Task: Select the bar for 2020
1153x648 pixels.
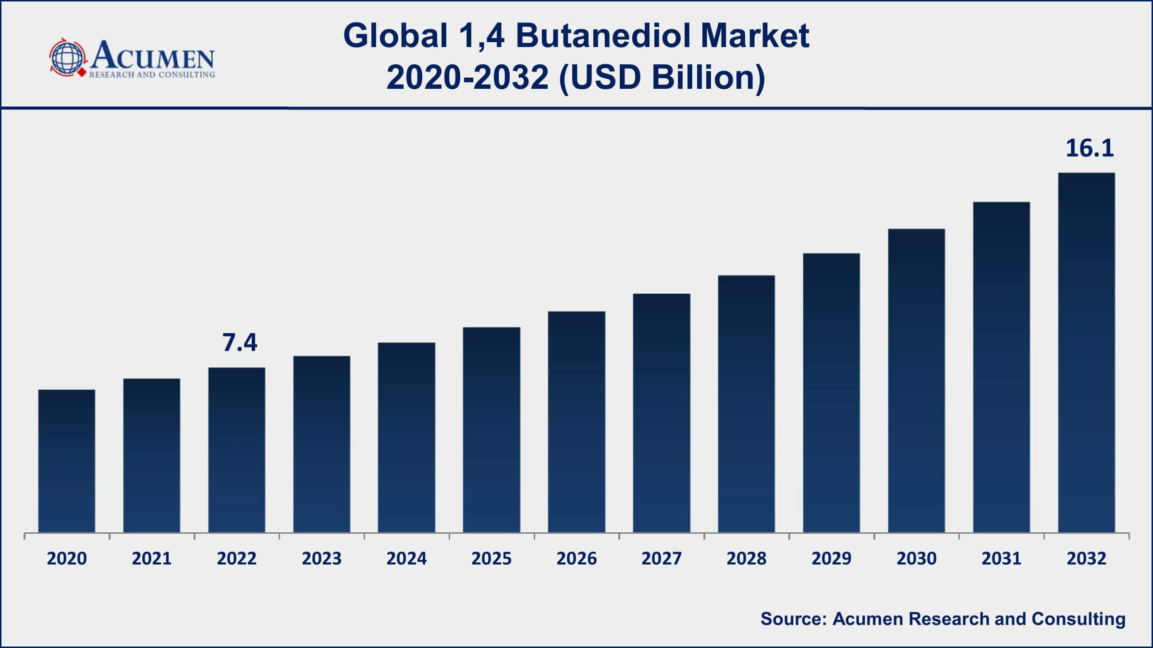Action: pyautogui.click(x=67, y=461)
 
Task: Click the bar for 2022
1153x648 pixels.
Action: pyautogui.click(x=237, y=450)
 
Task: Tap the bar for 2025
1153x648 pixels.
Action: pyautogui.click(x=491, y=430)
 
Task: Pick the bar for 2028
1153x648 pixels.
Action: pyautogui.click(x=747, y=404)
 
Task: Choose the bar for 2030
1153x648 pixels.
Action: pyautogui.click(x=916, y=381)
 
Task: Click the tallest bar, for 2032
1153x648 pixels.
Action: pyautogui.click(x=1086, y=352)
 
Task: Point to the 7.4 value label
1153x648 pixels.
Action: pyautogui.click(x=240, y=343)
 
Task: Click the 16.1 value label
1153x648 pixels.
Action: pyautogui.click(x=1089, y=148)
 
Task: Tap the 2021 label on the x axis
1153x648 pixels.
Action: pyautogui.click(x=152, y=559)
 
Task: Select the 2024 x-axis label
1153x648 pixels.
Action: pyautogui.click(x=406, y=559)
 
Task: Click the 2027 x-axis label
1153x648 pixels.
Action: pyautogui.click(x=662, y=559)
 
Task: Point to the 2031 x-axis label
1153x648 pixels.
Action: pyautogui.click(x=1001, y=559)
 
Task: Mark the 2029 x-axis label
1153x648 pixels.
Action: pyautogui.click(x=832, y=559)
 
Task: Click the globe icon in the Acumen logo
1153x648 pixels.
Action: pyautogui.click(x=68, y=58)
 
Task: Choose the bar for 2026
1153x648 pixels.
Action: pyautogui.click(x=576, y=422)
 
